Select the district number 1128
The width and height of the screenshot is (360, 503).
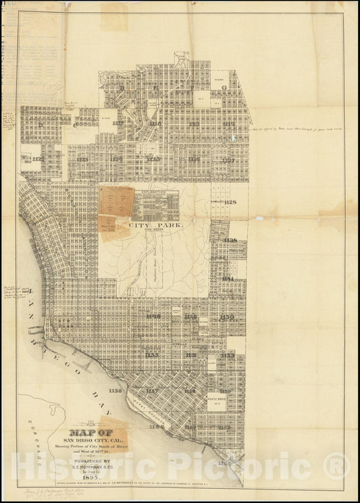pos(230,202)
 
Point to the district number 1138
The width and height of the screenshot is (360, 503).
pos(230,240)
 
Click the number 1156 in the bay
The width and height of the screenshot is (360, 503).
pos(115,390)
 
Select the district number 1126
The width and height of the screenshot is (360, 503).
pos(195,160)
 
